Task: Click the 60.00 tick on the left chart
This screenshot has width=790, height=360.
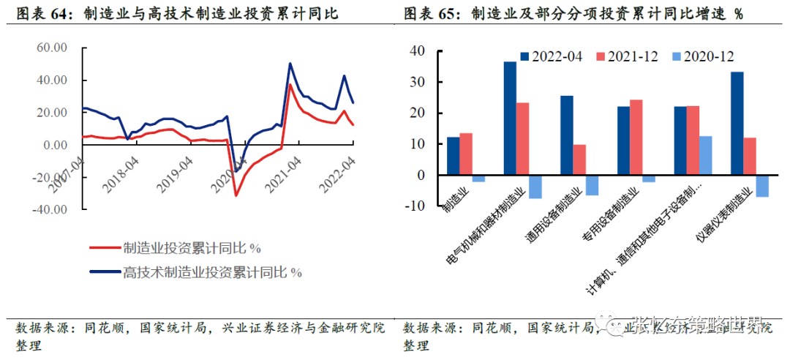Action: pos(52,48)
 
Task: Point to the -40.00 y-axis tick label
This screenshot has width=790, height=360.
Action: pos(50,209)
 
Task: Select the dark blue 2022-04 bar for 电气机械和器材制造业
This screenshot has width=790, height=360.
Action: pos(510,119)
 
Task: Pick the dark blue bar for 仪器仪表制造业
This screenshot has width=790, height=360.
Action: pos(737,124)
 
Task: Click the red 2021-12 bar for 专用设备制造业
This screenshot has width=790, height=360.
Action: pos(636,138)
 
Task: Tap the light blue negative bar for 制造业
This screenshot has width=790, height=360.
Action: pos(478,179)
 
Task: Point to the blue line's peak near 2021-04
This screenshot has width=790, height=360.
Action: pos(290,64)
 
